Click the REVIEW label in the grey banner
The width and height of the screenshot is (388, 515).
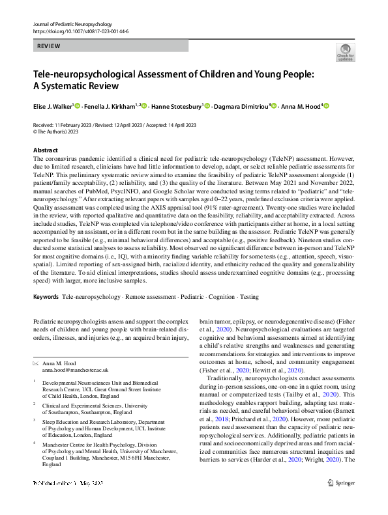coord(50,46)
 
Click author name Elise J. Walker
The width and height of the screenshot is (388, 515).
coord(53,105)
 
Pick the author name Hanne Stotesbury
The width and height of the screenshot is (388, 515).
coord(177,105)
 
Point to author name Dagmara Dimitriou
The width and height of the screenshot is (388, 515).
coord(241,105)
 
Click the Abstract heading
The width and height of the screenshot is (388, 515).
coord(45,150)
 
